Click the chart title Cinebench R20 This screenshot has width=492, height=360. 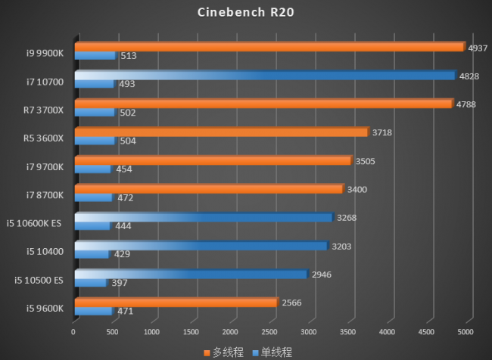click(x=246, y=12)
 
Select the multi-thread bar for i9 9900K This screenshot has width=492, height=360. click(x=269, y=47)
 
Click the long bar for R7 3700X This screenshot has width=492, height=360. click(x=263, y=104)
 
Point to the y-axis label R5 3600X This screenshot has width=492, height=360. click(x=45, y=137)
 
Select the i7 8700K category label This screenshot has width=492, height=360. click(x=46, y=194)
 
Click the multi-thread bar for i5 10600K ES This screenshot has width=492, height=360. click(x=204, y=217)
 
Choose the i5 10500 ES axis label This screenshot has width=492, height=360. click(x=39, y=279)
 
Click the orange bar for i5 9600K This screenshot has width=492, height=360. click(x=176, y=303)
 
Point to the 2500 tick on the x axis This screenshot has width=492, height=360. click(x=269, y=332)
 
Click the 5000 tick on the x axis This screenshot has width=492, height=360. click(x=466, y=332)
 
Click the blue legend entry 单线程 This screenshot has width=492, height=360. click(x=272, y=352)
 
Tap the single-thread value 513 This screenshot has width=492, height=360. click(x=128, y=56)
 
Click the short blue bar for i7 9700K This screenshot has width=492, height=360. click(x=92, y=169)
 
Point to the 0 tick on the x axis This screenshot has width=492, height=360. click(x=73, y=332)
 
